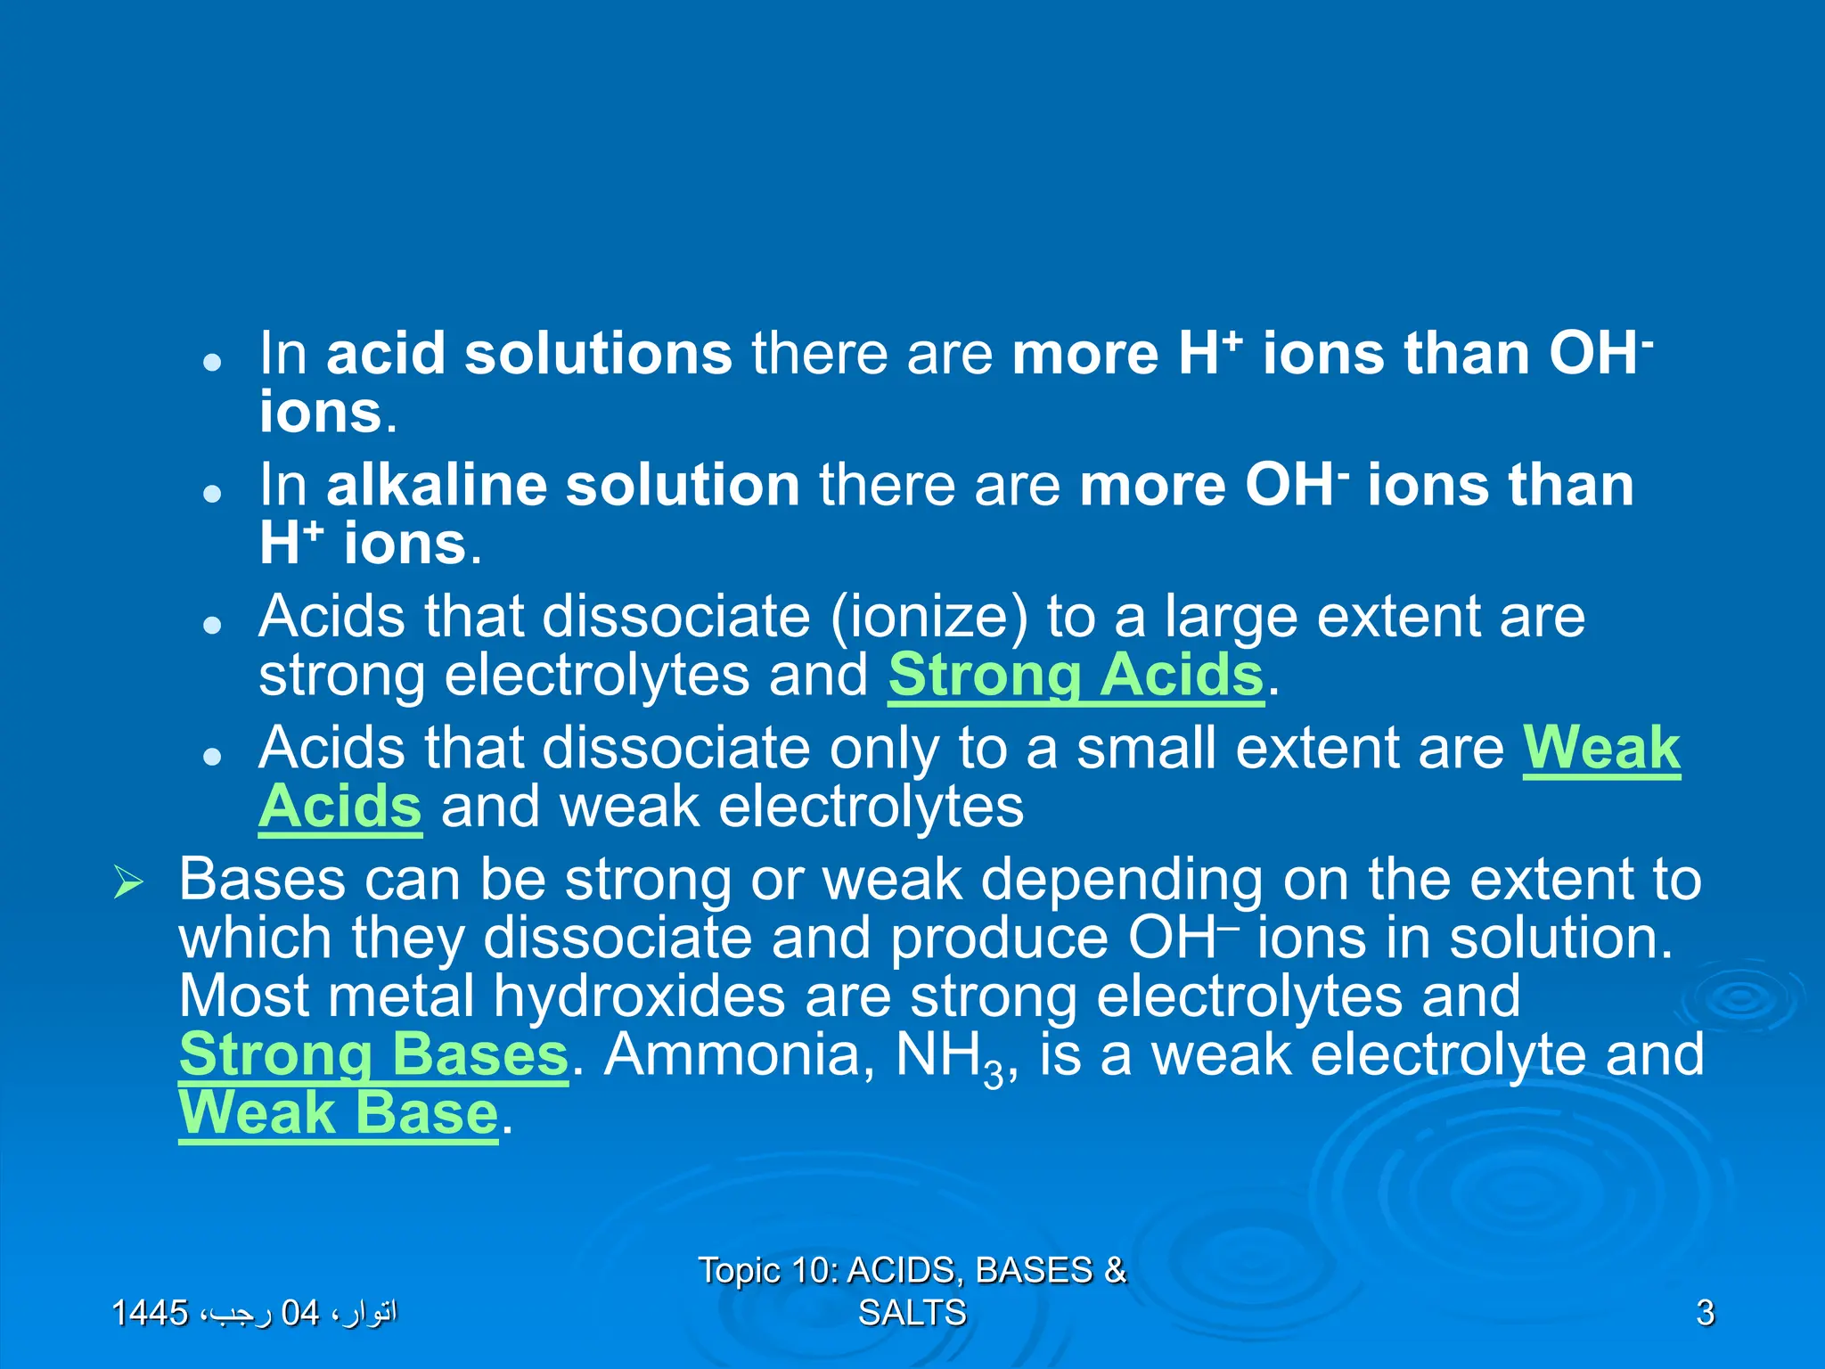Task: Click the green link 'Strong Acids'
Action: [1076, 676]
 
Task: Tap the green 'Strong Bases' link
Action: [373, 1055]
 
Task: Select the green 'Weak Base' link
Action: [338, 1113]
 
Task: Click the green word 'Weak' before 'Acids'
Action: [1601, 748]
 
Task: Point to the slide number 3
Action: [1705, 1313]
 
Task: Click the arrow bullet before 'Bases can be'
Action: [129, 882]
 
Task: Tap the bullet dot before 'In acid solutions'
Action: [211, 363]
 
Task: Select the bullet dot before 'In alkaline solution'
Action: [211, 494]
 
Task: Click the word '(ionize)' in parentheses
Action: [929, 618]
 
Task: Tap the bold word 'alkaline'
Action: [437, 486]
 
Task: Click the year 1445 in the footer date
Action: [150, 1313]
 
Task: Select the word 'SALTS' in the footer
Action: [912, 1313]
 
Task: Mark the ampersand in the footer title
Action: [1115, 1270]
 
